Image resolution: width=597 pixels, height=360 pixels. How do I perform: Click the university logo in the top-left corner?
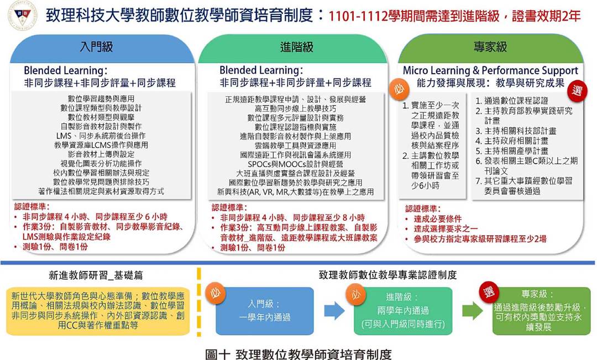pos(23,15)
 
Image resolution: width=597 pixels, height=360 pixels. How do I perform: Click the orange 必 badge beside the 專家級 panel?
pos(399,89)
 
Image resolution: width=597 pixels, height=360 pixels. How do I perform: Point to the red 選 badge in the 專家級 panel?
pos(577,91)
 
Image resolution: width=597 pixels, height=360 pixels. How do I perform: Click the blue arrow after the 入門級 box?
pos(334,310)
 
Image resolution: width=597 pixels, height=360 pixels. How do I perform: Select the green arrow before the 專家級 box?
pos(473,310)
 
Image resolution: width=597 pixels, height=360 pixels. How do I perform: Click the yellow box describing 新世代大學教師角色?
pos(98,311)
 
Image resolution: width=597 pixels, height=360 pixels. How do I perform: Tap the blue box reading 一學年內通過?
pos(265,311)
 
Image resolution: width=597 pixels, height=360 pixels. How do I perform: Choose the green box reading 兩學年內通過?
pos(403,311)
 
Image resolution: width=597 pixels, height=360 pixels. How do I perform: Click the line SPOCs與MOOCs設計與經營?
pos(295,164)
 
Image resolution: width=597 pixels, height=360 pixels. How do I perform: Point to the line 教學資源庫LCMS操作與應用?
pos(101,145)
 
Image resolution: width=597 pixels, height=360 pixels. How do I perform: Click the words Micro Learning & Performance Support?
pos(490,70)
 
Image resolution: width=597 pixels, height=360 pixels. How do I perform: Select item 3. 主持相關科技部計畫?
pos(516,131)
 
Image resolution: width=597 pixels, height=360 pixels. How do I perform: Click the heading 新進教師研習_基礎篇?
pos(96,275)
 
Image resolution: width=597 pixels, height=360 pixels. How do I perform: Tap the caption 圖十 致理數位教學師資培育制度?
pos(298,354)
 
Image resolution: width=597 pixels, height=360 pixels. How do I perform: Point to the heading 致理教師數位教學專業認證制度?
pos(387,275)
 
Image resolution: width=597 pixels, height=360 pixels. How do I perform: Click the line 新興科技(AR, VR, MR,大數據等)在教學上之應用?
pos(295,192)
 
